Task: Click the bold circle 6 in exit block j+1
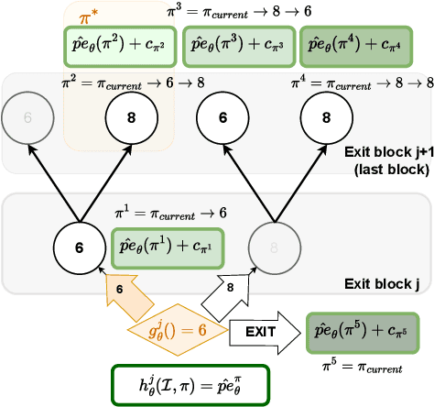(x=222, y=119)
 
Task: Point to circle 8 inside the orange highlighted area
(x=131, y=119)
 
